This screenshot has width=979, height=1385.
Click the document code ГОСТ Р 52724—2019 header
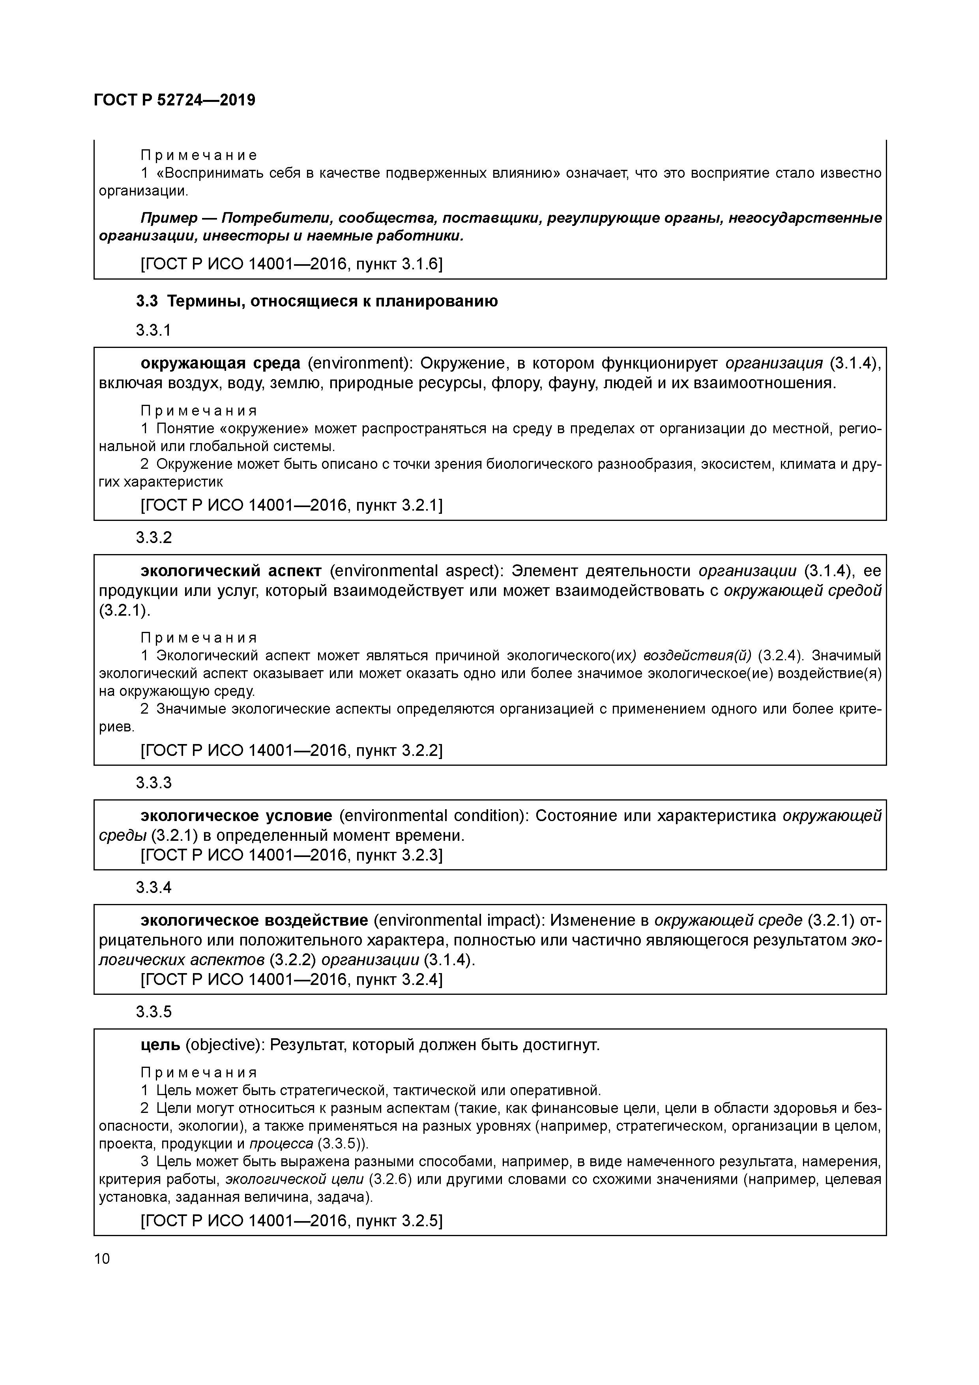click(175, 100)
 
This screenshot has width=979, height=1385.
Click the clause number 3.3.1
click(154, 330)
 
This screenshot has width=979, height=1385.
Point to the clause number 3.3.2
click(154, 537)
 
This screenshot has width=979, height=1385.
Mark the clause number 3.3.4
click(154, 887)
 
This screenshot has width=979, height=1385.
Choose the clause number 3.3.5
click(154, 1012)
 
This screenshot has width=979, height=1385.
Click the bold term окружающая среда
click(220, 363)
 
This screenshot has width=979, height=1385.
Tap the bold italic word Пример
click(169, 218)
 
